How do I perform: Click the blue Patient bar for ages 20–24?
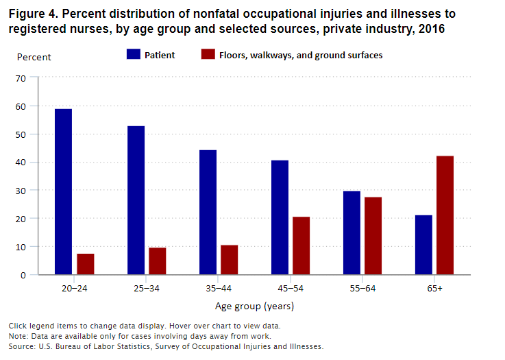(64, 191)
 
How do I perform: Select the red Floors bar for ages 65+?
(445, 215)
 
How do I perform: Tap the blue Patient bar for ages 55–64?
(352, 232)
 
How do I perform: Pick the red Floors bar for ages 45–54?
(301, 245)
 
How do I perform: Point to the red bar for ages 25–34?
(157, 261)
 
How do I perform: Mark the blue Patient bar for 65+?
(423, 245)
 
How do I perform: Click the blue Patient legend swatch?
(134, 55)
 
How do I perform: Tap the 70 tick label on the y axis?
(21, 78)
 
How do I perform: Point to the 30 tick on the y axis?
(21, 191)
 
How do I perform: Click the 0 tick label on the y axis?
(23, 275)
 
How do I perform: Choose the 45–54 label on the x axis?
(291, 289)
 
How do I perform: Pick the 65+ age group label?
(434, 289)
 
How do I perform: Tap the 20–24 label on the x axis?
(74, 289)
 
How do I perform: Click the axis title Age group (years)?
(254, 307)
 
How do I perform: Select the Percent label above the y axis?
(33, 57)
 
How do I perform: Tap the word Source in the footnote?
(23, 346)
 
